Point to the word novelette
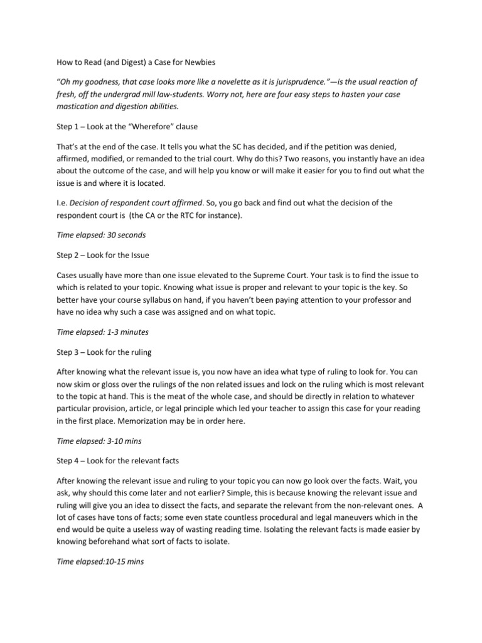pyautogui.click(x=214, y=82)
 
